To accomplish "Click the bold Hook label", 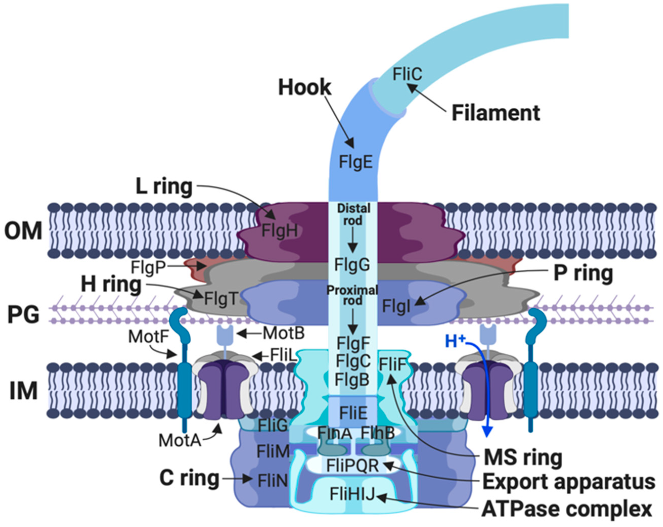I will click(304, 88).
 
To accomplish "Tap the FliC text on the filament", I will click(407, 74).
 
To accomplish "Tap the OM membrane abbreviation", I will click(23, 231).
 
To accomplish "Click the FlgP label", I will click(148, 267).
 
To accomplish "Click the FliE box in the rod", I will click(353, 413).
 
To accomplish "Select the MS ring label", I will click(523, 458).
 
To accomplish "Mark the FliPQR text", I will click(352, 466).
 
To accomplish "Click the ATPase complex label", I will click(566, 509).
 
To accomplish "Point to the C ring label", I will click(189, 478).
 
